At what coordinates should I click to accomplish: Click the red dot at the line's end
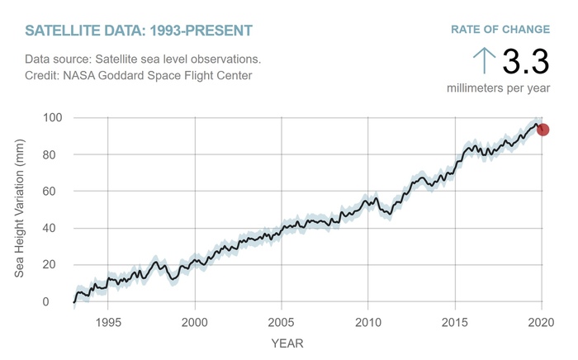(x=542, y=130)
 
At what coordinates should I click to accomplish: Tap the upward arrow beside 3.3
(x=484, y=60)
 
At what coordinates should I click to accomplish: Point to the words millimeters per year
(x=499, y=88)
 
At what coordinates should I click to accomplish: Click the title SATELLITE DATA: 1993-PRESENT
(x=139, y=31)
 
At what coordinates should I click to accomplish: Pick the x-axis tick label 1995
(x=107, y=322)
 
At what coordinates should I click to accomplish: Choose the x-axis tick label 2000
(x=195, y=322)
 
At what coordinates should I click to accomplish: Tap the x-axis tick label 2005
(x=282, y=322)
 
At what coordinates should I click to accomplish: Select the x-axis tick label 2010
(x=368, y=322)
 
